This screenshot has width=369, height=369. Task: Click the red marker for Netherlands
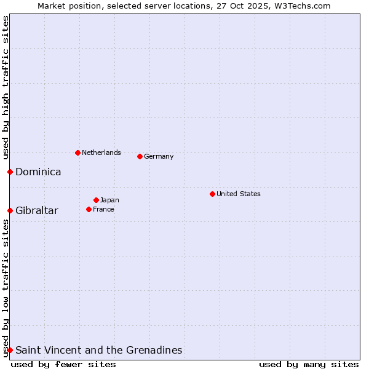(77, 153)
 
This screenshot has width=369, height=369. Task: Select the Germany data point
(140, 156)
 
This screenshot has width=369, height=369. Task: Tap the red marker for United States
(212, 194)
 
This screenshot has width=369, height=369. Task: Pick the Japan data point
(96, 200)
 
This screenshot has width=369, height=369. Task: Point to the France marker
(89, 209)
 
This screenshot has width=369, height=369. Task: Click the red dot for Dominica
(10, 172)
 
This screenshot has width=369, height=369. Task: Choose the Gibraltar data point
(10, 210)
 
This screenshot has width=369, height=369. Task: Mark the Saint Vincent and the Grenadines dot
(10, 350)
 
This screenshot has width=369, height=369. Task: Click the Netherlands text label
(101, 153)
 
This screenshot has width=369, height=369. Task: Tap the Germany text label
(159, 156)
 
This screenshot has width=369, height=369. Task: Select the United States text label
(239, 194)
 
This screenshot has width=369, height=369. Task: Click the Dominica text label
(38, 172)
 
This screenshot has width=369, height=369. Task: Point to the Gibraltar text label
(37, 211)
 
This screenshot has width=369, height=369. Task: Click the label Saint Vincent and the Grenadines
(99, 351)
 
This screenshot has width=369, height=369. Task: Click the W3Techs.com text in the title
(303, 6)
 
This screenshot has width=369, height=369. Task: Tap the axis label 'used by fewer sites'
(63, 364)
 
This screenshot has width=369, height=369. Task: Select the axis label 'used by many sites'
(309, 364)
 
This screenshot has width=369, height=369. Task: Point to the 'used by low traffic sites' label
(6, 288)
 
